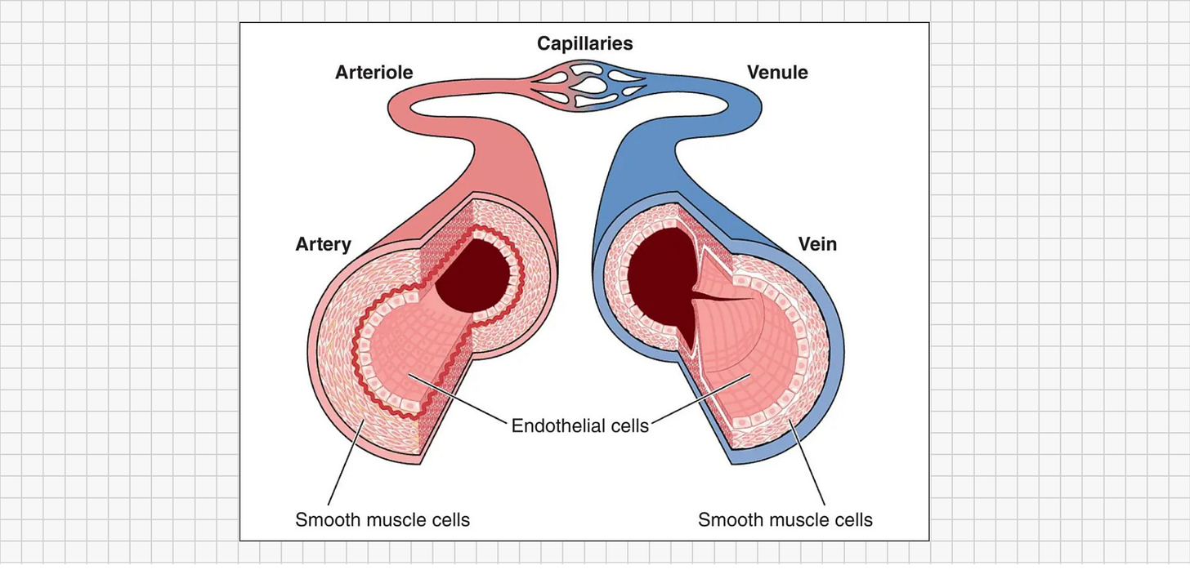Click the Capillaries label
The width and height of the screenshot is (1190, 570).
tap(584, 42)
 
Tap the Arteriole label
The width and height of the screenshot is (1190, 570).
tap(374, 72)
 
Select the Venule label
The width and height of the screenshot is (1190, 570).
tap(777, 72)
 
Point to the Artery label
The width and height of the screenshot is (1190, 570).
tap(323, 243)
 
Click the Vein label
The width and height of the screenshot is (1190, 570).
tap(817, 243)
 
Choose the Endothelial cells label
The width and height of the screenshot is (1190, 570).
tap(579, 425)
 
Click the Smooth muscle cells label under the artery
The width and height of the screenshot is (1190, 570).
tap(382, 519)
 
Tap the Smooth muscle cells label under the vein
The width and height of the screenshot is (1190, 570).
tap(785, 519)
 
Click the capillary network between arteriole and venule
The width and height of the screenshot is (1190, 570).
tap(584, 85)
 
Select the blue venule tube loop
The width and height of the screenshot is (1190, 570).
tap(736, 102)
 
